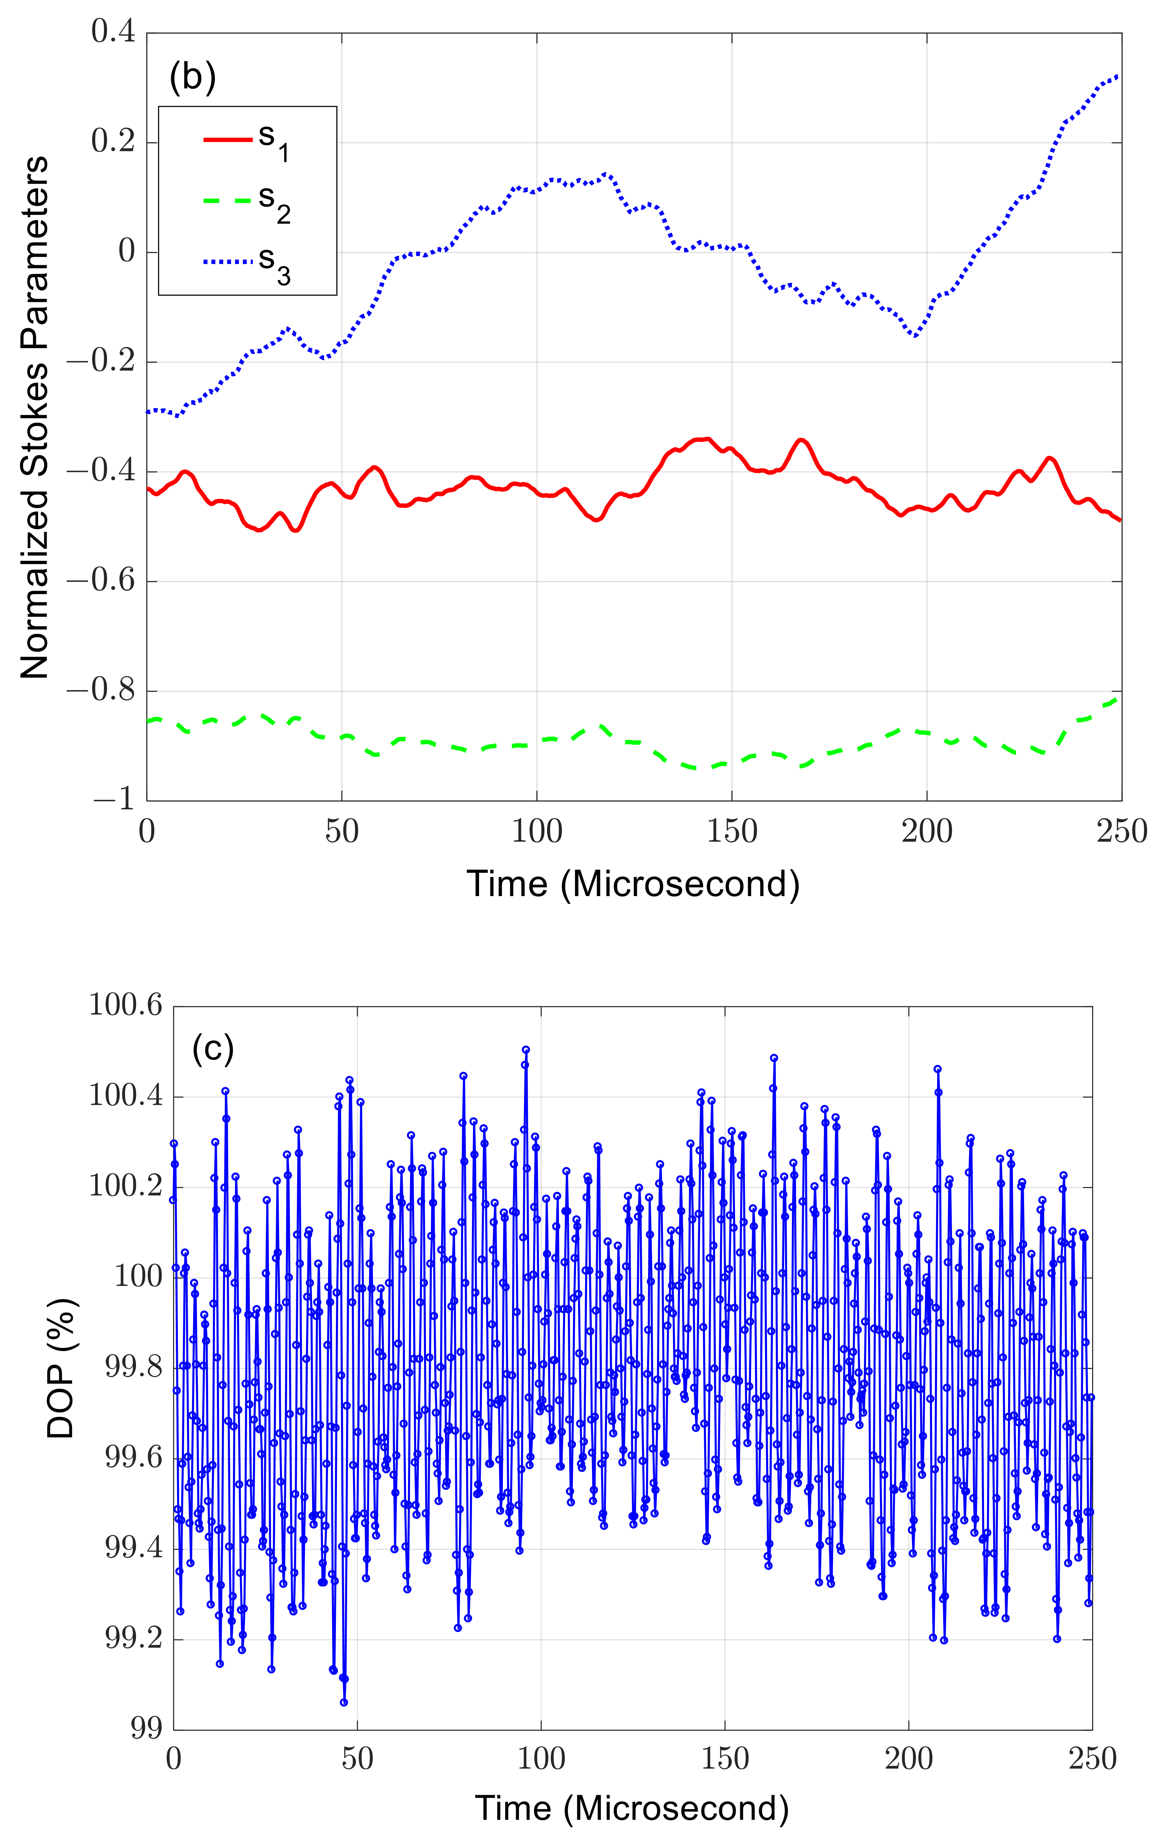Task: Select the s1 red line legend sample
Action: (x=227, y=140)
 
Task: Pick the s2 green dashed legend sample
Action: (x=227, y=201)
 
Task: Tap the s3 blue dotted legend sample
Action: (x=227, y=262)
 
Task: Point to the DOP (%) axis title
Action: (x=61, y=1367)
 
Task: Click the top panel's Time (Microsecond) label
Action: (x=633, y=883)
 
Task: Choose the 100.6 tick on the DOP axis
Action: (x=126, y=1005)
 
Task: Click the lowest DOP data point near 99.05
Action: (x=344, y=1702)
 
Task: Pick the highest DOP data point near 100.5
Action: (x=526, y=1050)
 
